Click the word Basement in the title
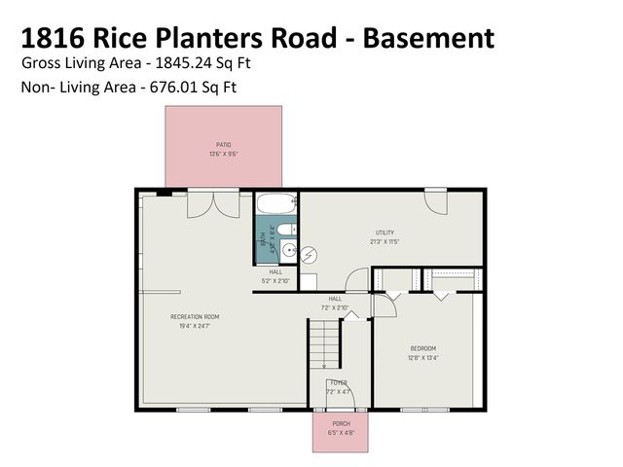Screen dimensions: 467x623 coord(423,38)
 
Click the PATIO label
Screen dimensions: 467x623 coord(224,145)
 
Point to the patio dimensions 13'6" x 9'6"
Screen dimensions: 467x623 coord(224,154)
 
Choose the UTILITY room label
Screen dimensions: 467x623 coord(385,233)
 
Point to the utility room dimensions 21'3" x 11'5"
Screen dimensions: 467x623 coord(385,241)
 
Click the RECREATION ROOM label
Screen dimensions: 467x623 coord(195,317)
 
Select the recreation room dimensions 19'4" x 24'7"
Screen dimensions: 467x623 coord(195,326)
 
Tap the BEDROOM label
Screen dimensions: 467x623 coord(422,348)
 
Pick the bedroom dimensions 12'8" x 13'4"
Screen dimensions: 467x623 coord(422,357)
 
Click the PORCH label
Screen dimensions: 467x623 coord(341,424)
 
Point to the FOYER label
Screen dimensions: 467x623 coord(338,383)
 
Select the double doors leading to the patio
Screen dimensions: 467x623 coord(213,203)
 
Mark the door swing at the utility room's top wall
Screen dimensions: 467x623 coord(434,201)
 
